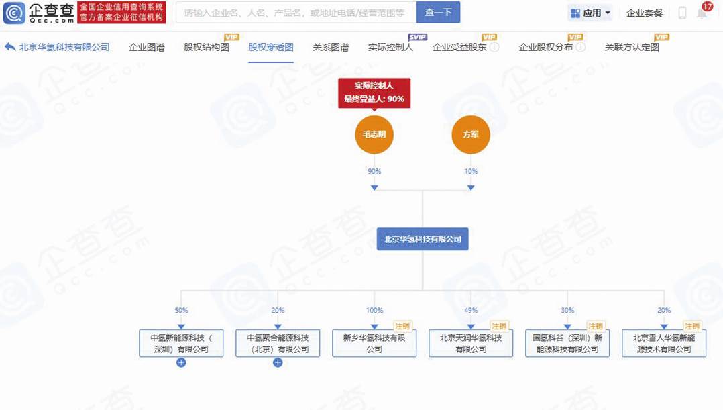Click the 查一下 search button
coord(438,13)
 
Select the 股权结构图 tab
coord(207,48)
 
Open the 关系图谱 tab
coord(331,48)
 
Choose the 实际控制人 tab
coord(390,48)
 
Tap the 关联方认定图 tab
coord(632,48)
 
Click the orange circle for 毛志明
coord(374,134)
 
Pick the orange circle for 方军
coord(471,134)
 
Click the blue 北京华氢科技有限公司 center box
coord(423,239)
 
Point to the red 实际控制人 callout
coord(374,93)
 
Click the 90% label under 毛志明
coord(374,172)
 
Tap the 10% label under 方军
coord(471,172)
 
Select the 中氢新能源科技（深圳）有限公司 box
coord(181,343)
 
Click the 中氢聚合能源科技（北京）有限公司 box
coord(278,343)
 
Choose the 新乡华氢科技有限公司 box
coord(374,343)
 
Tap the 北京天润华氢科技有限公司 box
coord(471,343)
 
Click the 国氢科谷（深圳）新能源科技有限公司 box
coord(567,343)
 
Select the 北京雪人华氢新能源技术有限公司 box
coord(664,343)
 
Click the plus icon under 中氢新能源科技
coord(181,363)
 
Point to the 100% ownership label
coord(374,311)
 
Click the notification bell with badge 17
coord(702,13)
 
